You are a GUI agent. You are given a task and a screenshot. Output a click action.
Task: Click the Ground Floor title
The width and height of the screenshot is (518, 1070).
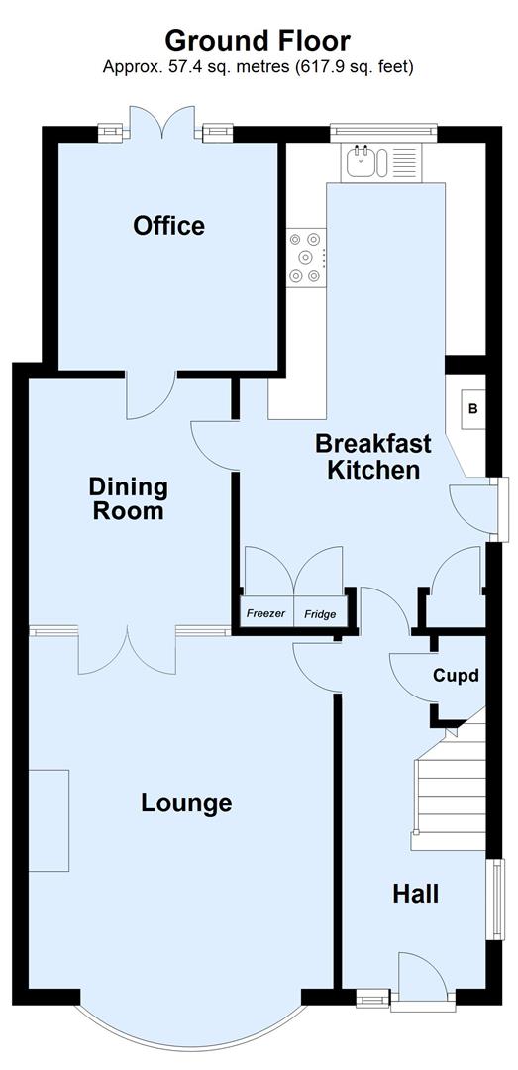[x=258, y=41]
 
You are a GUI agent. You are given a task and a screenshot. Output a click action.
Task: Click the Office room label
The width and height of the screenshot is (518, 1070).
[x=169, y=226]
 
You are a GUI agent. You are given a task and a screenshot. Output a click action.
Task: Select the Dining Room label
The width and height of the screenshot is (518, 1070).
[x=128, y=499]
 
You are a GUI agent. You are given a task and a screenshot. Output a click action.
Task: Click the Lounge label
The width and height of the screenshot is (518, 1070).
[x=186, y=802]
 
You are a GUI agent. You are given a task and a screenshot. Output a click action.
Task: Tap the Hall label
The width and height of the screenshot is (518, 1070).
[x=416, y=894]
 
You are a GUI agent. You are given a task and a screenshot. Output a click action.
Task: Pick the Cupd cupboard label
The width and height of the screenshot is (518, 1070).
[x=456, y=677]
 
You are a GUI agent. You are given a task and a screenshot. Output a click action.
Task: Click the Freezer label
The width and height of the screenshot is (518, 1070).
[x=265, y=614]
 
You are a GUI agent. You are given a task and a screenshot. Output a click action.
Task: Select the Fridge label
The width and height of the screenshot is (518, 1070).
[x=320, y=614]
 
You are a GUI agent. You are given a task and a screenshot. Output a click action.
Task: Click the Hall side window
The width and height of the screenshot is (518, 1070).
[x=495, y=898]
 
